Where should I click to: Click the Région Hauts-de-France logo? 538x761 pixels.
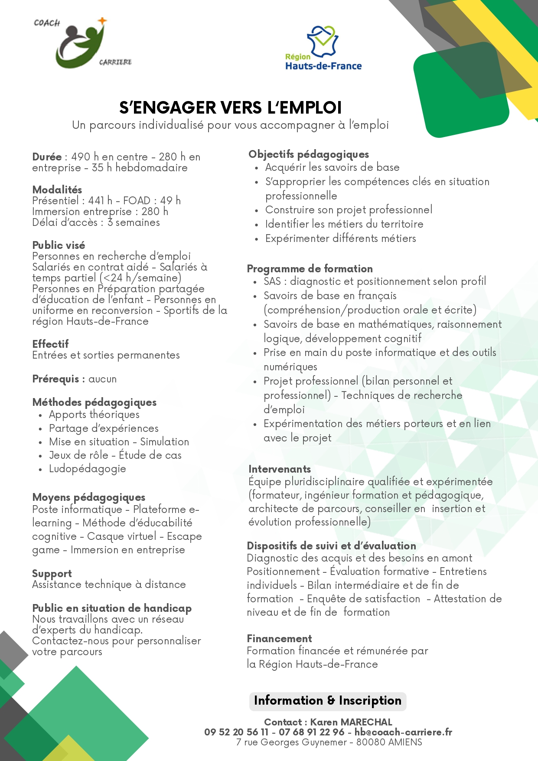pos(323,48)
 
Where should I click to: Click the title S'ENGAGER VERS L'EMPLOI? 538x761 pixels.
pos(231,108)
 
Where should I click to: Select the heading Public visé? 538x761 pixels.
pos(59,245)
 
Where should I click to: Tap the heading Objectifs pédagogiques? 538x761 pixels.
pos(309,154)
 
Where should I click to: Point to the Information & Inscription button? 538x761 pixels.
pos(328,701)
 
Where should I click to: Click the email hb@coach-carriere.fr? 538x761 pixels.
pos(403,732)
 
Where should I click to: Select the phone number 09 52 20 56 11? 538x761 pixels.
pos(236,732)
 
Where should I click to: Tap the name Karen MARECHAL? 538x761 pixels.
pos(351,722)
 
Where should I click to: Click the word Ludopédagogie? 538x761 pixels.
pos(88,469)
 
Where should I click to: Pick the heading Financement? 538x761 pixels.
pos(279,638)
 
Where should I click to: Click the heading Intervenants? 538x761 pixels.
pos(280,469)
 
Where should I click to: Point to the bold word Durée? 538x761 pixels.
pos(47,157)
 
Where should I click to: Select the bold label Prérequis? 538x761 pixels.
pos(56,379)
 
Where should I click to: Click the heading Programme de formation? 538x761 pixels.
pos(310,269)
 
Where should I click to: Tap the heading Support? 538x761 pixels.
pos(52,574)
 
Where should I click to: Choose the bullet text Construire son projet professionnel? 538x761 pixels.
pos(349,210)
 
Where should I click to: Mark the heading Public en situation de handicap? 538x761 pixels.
pos(112,608)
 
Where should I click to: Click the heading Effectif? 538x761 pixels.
pos(50,344)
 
